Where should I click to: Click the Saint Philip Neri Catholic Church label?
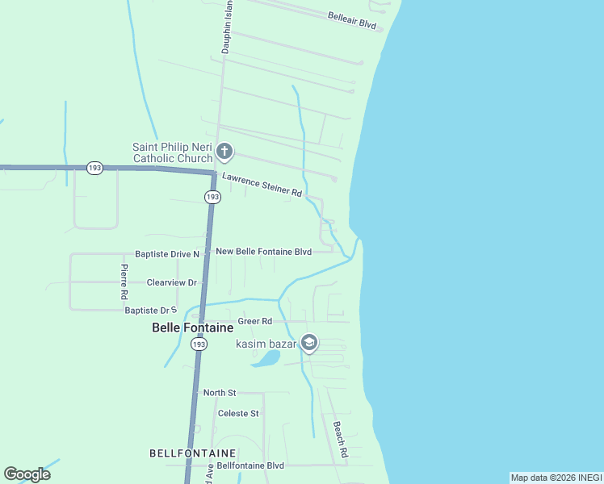171,152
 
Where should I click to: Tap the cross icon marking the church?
224,151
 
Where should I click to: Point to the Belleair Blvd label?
353,20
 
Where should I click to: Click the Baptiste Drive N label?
167,254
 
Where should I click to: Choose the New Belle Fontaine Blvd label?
263,252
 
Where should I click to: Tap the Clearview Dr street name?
172,283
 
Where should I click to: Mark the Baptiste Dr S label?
150,310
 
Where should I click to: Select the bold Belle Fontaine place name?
193,328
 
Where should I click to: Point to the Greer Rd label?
254,321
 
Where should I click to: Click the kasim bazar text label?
266,344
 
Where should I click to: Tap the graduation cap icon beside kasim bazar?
308,344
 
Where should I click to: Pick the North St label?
220,393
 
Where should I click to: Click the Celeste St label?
238,413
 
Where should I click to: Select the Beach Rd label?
340,440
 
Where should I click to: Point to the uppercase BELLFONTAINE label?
193,453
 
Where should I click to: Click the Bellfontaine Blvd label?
250,465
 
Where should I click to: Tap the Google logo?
27,474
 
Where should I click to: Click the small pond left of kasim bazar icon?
265,358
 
